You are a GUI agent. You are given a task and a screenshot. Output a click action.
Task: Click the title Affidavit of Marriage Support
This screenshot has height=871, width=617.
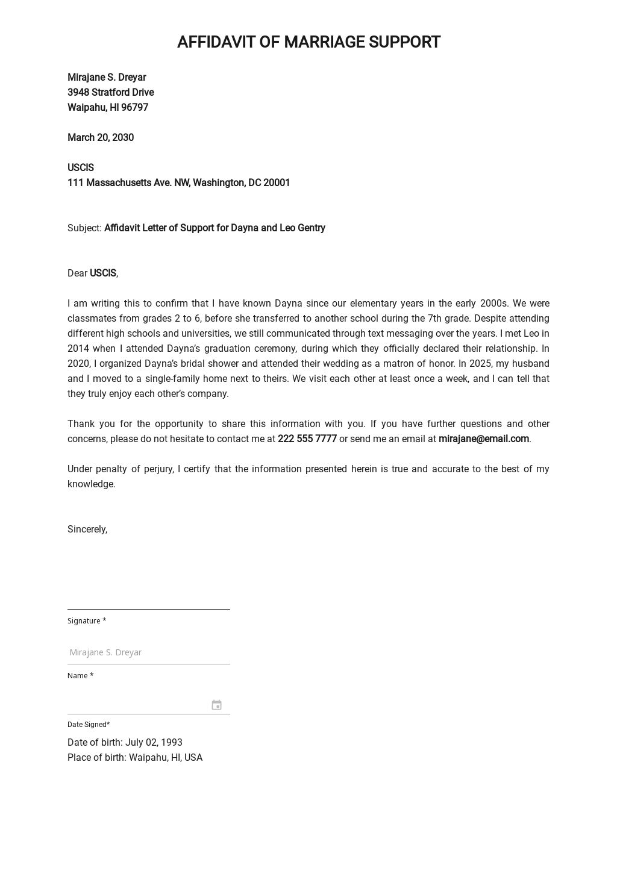pos(308,42)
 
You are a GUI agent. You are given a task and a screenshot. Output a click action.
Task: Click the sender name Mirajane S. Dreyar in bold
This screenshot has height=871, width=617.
pos(107,77)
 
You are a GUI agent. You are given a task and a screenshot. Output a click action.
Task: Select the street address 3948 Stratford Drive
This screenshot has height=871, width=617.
pos(110,92)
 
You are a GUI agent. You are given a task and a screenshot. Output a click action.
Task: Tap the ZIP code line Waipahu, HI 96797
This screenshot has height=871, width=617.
pos(108,107)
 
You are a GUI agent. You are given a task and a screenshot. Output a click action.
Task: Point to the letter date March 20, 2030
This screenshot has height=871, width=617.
pos(101,137)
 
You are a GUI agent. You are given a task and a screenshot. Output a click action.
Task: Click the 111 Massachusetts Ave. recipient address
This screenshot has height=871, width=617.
pos(178,183)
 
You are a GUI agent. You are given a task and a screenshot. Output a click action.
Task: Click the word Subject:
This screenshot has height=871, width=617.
pos(84,228)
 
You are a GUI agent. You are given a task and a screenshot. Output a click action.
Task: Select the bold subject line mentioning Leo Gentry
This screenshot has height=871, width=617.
pos(215,228)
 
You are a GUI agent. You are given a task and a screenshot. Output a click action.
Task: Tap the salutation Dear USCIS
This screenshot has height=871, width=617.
pos(92,273)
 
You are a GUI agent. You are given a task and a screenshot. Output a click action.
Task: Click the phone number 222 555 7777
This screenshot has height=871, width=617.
pos(307,439)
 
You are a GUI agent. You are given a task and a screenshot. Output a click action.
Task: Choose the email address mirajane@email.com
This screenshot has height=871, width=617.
pos(483,439)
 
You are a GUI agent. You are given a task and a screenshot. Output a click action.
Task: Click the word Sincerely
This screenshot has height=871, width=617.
pos(87,529)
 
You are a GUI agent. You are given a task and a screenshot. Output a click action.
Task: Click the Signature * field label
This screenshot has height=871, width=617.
pos(87,620)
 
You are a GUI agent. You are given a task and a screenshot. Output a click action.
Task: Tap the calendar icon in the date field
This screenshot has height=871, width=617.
pos(216,705)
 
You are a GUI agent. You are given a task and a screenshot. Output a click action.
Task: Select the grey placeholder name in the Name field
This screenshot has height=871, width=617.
pos(105,652)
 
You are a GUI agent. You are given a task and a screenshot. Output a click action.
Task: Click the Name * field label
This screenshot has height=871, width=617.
pos(80,675)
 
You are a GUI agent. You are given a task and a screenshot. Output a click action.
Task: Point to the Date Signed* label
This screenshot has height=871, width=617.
pos(89,724)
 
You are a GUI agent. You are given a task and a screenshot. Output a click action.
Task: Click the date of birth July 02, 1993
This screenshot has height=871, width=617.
pos(153,742)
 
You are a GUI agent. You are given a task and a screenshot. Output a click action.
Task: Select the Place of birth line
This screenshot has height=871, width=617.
pos(135,757)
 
